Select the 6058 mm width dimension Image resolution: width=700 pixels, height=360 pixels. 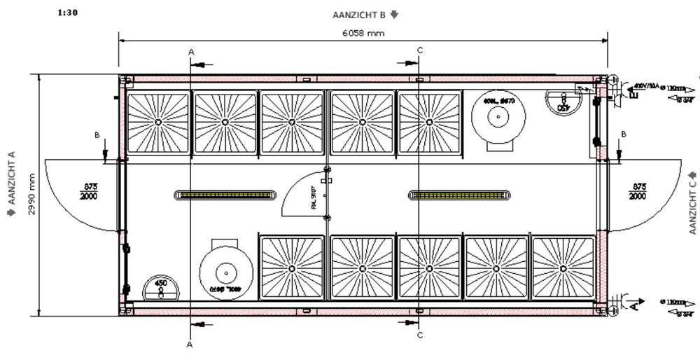362,34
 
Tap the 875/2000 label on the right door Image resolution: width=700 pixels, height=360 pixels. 637,192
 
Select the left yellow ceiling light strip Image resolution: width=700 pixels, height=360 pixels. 224,195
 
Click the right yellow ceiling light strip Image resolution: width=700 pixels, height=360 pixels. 458,195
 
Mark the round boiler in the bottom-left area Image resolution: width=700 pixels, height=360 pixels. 225,272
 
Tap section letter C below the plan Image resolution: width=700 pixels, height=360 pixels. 419,335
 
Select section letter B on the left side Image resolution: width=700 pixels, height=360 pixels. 96,133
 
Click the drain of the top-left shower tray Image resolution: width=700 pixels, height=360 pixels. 158,122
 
